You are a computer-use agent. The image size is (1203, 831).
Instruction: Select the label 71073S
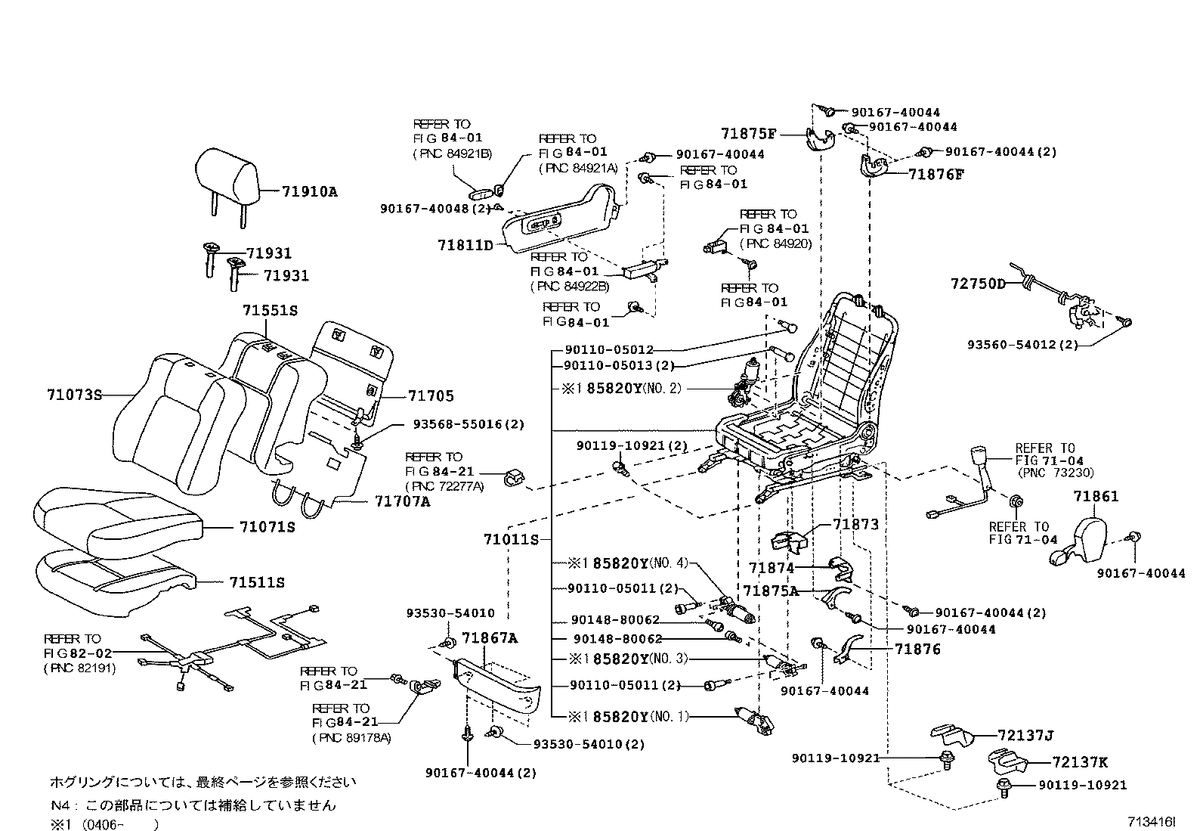pyautogui.click(x=73, y=395)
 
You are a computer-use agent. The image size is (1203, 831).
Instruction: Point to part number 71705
pyautogui.click(x=431, y=396)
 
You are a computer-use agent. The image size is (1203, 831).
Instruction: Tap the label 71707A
pyautogui.click(x=402, y=501)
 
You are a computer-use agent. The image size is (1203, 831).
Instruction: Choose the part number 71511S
pyautogui.click(x=257, y=582)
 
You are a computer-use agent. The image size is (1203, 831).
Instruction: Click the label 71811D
pyautogui.click(x=465, y=245)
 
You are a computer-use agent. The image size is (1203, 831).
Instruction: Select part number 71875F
pyautogui.click(x=748, y=134)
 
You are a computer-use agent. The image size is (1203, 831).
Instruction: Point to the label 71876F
pyautogui.click(x=936, y=174)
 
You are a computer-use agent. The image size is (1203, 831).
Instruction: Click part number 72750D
pyautogui.click(x=978, y=284)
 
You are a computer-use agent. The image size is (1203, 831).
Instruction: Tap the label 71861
pyautogui.click(x=1096, y=497)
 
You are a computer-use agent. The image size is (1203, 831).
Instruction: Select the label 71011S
pyautogui.click(x=511, y=539)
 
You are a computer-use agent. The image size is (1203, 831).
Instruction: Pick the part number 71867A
pyautogui.click(x=490, y=638)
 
